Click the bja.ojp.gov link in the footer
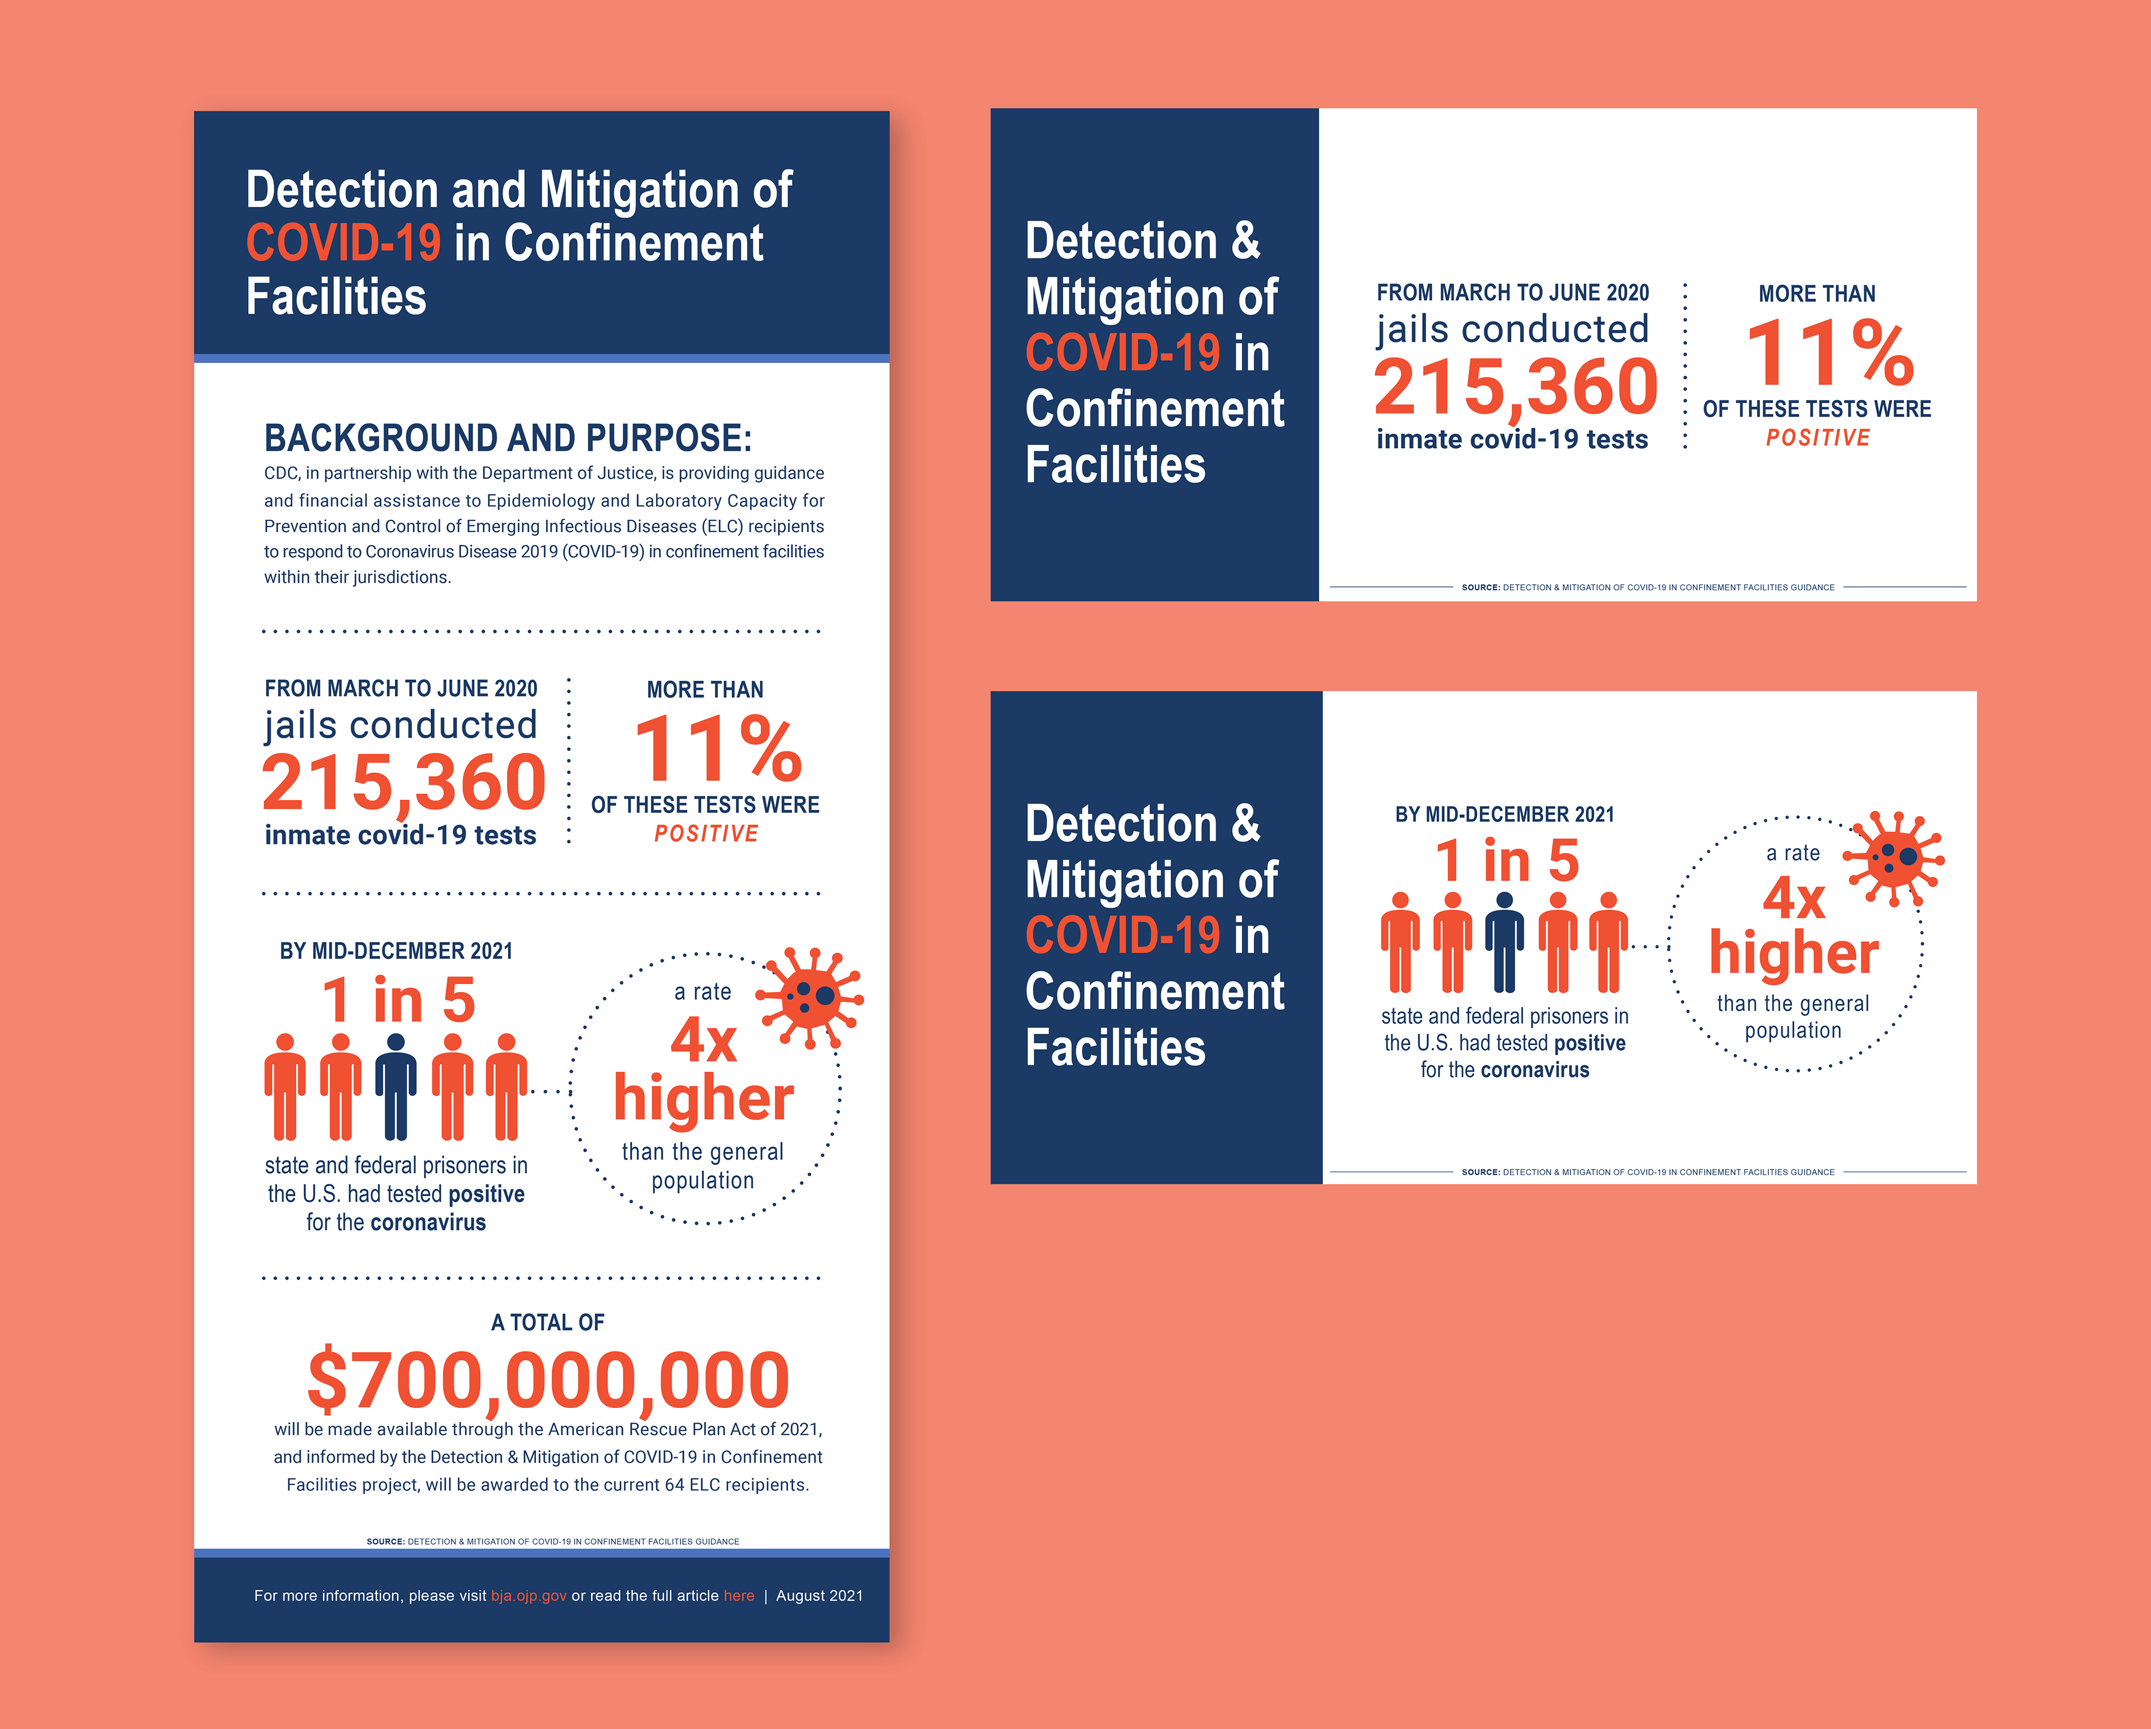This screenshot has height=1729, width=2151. [x=529, y=1595]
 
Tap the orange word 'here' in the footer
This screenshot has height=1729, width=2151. [x=739, y=1595]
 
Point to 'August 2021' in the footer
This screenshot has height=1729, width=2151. [x=819, y=1595]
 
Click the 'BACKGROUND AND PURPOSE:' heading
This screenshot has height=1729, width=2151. [x=508, y=438]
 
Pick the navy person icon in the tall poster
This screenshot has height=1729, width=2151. [x=396, y=1087]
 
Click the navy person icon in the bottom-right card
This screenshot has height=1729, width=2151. [x=1505, y=943]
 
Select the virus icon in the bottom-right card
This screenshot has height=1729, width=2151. [x=1893, y=858]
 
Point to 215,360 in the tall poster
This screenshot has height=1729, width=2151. [x=404, y=783]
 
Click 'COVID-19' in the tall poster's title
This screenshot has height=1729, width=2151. [x=343, y=244]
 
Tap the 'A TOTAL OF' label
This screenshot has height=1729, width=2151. [x=548, y=1322]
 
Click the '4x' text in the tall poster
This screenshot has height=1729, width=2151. [x=704, y=1041]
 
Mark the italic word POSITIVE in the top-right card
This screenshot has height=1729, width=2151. [x=1818, y=438]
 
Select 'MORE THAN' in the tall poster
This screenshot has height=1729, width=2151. [x=705, y=689]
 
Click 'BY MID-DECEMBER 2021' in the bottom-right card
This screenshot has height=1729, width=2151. [x=1505, y=814]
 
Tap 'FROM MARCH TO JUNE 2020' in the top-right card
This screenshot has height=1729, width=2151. [x=1512, y=292]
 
